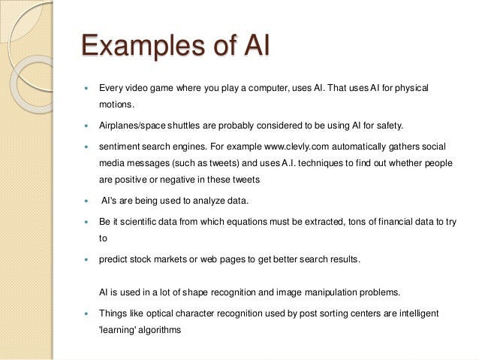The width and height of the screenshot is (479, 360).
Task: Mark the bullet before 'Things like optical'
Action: click(x=88, y=312)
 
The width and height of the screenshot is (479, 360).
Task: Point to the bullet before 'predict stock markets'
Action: click(x=88, y=261)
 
